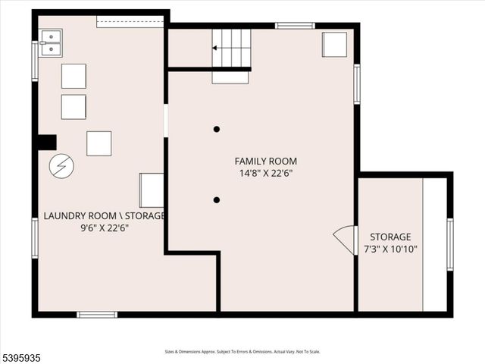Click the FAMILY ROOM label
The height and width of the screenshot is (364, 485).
tap(265, 161)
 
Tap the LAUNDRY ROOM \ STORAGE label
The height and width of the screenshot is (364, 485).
tap(104, 215)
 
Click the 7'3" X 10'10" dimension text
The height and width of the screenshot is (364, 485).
tap(390, 249)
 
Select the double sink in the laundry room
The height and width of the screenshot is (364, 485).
tap(51, 43)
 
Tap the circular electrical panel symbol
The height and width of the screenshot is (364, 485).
tap(61, 166)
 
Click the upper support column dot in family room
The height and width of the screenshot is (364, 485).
tap(217, 130)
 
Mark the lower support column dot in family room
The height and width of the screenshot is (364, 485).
tap(217, 200)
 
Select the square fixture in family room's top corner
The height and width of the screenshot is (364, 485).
tap(334, 45)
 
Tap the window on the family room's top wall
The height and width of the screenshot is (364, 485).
tap(295, 26)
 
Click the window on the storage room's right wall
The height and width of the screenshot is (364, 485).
tap(449, 244)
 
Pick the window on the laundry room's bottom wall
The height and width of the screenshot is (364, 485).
tap(97, 314)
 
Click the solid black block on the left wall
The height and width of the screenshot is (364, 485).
tap(47, 142)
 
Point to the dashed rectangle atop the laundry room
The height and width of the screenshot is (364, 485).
tap(130, 23)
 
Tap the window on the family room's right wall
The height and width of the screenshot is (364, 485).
tap(356, 83)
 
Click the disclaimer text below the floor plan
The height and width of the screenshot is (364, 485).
tap(242, 352)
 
